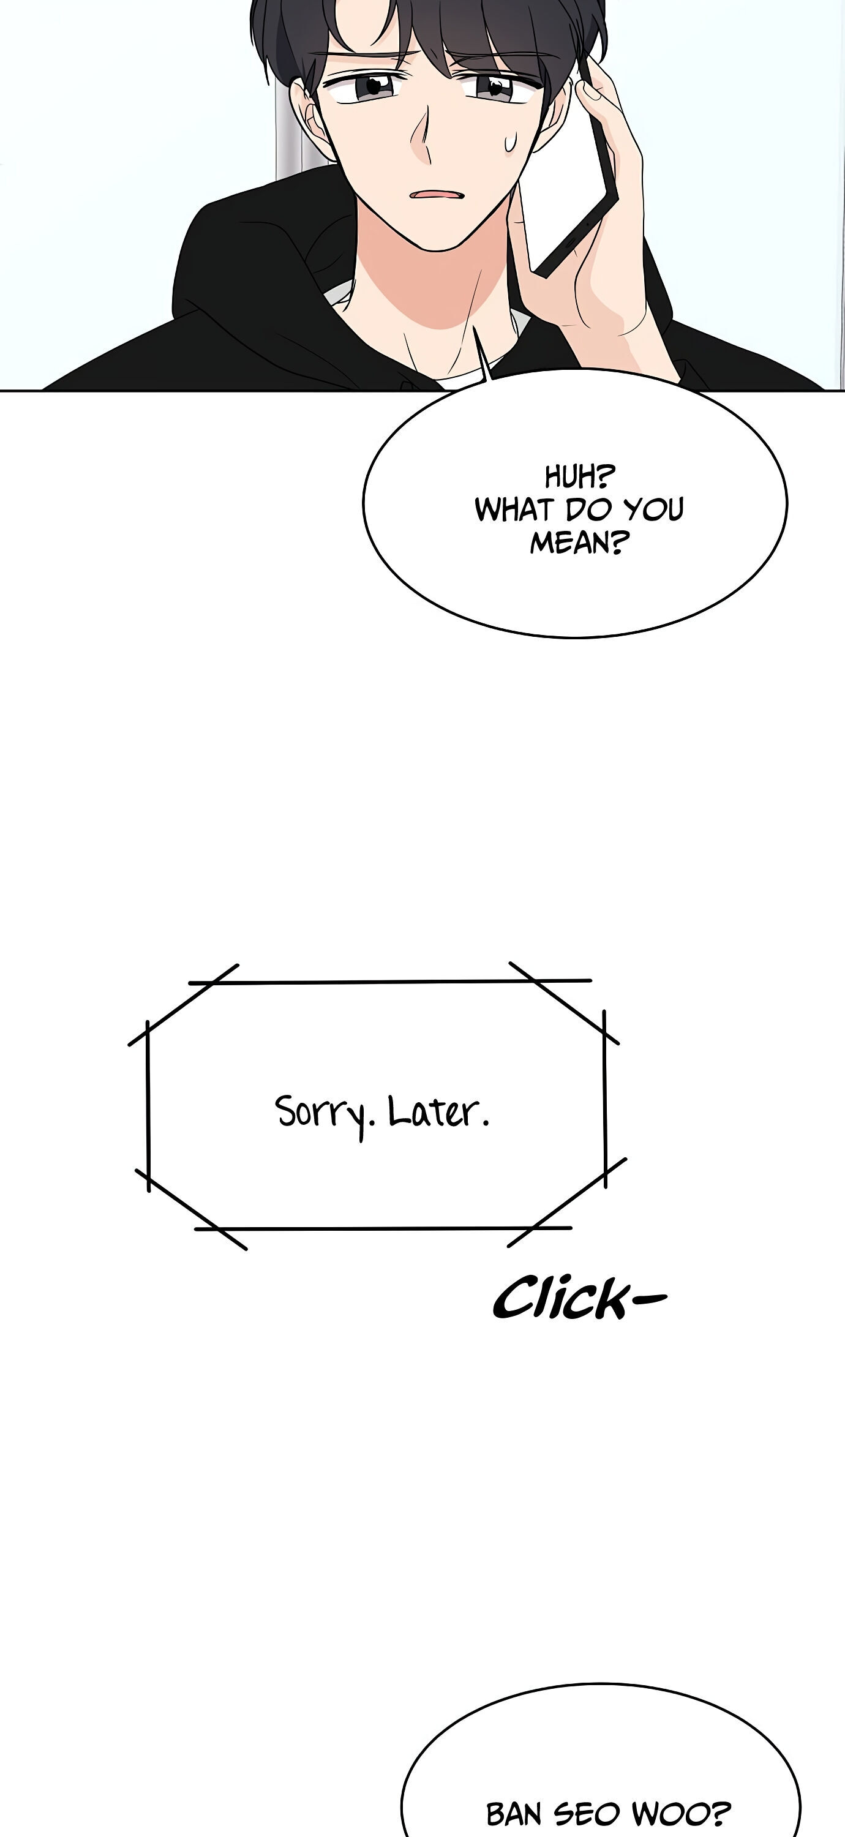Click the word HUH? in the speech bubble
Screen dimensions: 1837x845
[x=579, y=476]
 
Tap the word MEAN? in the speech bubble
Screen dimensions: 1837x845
[x=579, y=543]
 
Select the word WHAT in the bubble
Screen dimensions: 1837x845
[x=513, y=509]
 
